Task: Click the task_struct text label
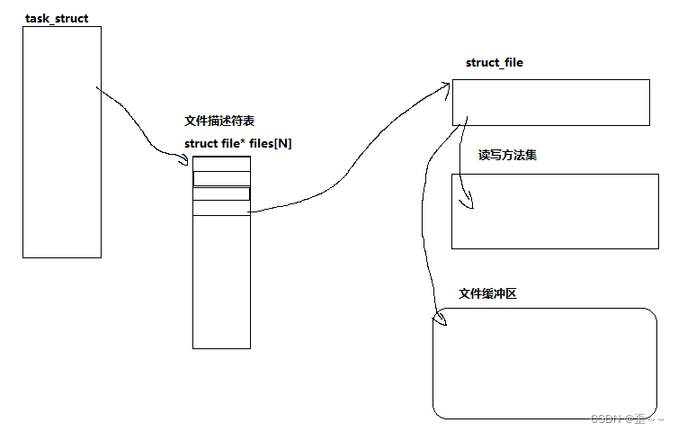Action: click(56, 18)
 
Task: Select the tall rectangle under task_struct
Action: click(61, 142)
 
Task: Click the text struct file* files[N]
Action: click(237, 144)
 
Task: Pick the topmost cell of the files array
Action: click(221, 163)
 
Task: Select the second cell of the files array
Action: click(221, 178)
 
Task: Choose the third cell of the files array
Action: click(221, 193)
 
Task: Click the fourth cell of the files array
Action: click(221, 208)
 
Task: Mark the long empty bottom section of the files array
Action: click(221, 282)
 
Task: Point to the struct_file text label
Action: click(494, 63)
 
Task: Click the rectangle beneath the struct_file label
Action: click(550, 103)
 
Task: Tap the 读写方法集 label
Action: click(508, 156)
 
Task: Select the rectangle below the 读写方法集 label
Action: click(555, 211)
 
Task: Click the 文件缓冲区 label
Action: click(488, 294)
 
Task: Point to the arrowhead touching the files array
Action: click(186, 160)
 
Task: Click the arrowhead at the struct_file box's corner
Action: click(447, 84)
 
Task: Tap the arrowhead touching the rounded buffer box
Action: click(441, 318)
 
